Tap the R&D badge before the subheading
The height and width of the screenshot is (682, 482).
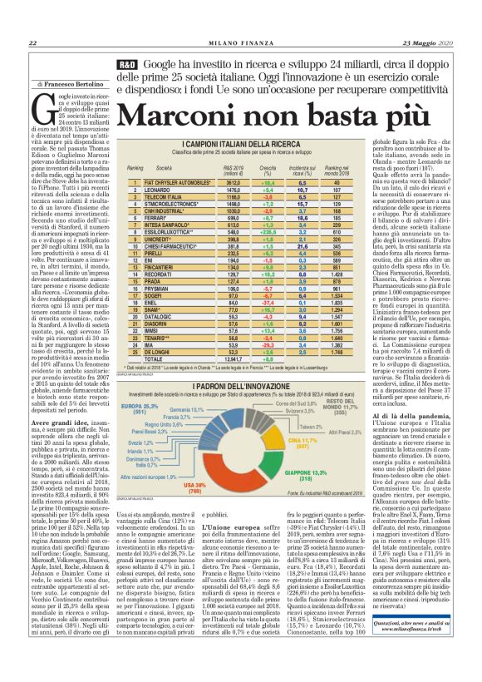126,64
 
